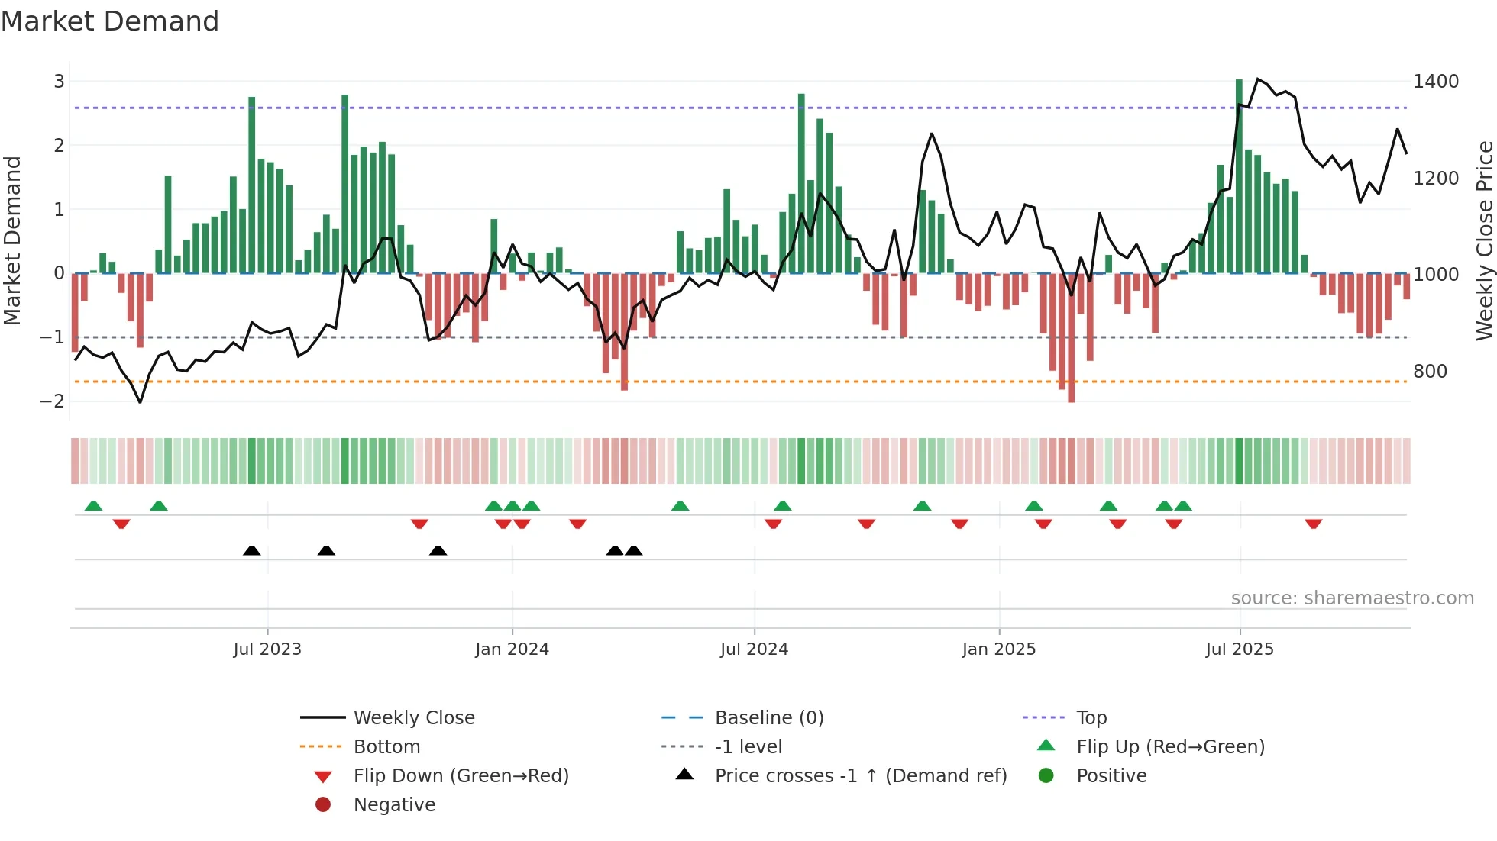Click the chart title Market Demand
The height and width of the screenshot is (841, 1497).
pyautogui.click(x=110, y=21)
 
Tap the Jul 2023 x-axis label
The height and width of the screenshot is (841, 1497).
pyautogui.click(x=267, y=649)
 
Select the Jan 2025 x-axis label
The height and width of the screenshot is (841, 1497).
pyautogui.click(x=998, y=649)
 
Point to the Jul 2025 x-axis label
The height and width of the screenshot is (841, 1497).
pyautogui.click(x=1240, y=649)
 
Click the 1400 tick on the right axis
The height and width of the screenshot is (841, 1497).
pyautogui.click(x=1436, y=82)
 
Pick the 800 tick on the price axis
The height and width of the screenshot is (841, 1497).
pyautogui.click(x=1430, y=372)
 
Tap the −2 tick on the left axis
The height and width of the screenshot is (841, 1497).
pyautogui.click(x=52, y=401)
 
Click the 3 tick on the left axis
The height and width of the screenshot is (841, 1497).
pyautogui.click(x=59, y=82)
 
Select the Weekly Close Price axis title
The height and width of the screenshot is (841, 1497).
pyautogui.click(x=1484, y=240)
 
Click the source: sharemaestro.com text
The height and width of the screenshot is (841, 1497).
pyautogui.click(x=1352, y=598)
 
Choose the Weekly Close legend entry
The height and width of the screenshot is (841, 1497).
pyautogui.click(x=414, y=718)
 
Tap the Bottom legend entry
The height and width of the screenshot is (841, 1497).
pyautogui.click(x=386, y=747)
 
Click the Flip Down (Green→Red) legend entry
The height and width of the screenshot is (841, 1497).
pyautogui.click(x=461, y=776)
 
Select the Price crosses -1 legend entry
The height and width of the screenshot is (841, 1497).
pyautogui.click(x=861, y=776)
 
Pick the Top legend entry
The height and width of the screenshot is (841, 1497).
pyautogui.click(x=1091, y=718)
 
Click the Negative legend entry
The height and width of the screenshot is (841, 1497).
pyautogui.click(x=394, y=805)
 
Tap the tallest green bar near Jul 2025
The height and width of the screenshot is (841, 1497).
pyautogui.click(x=1239, y=176)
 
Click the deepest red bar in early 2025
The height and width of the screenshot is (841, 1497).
pyautogui.click(x=1071, y=337)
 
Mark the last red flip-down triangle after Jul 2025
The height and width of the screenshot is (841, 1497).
pyautogui.click(x=1313, y=524)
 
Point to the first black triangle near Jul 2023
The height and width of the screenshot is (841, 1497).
pyautogui.click(x=251, y=550)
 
